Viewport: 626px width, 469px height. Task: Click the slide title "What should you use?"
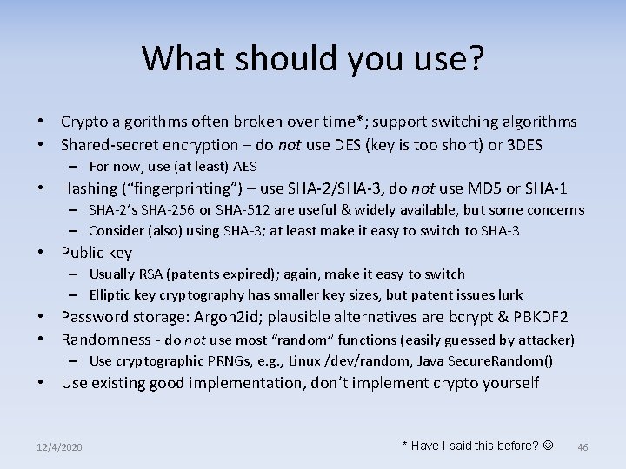coord(313,60)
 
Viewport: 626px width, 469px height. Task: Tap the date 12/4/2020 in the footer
coord(59,446)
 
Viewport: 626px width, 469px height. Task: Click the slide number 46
coord(583,446)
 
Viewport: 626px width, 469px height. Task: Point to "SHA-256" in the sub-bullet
coord(170,209)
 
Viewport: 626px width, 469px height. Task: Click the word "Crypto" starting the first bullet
coord(84,122)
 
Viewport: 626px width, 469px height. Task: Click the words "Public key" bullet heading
coord(96,253)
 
